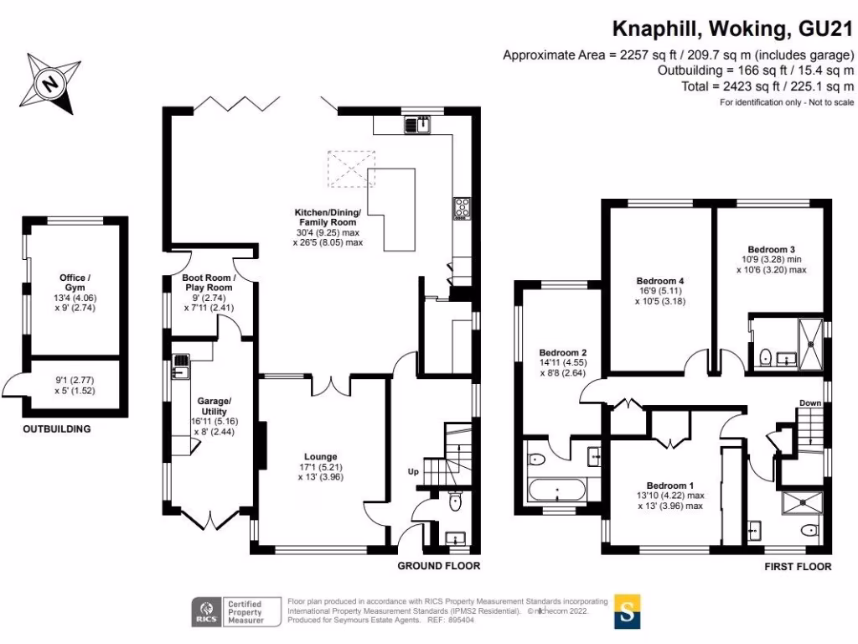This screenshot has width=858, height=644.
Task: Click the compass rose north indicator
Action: tap(52, 84)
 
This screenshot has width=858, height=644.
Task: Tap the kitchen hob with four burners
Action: tap(461, 207)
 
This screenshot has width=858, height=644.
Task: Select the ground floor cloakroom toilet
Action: tap(454, 502)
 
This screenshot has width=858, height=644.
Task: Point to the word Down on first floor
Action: tap(809, 403)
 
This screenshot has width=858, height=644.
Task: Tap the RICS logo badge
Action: tap(203, 611)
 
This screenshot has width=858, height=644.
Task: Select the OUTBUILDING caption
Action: tap(57, 428)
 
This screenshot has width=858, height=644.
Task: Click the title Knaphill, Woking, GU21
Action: tap(734, 30)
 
